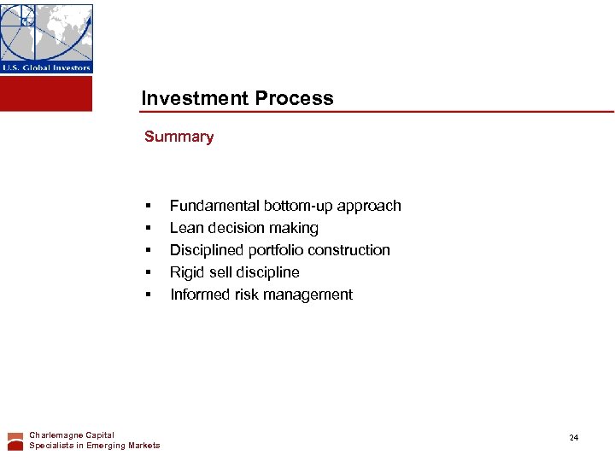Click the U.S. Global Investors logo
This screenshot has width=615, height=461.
(46, 38)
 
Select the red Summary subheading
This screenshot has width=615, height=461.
(179, 137)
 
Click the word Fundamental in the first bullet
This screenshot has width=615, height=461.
(214, 206)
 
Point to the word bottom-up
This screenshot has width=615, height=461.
(300, 206)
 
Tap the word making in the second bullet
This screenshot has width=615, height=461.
(296, 228)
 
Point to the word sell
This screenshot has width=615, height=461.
(222, 272)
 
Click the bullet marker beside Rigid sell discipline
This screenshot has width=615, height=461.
(148, 272)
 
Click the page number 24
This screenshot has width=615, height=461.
(574, 438)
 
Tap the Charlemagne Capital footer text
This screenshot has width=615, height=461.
(72, 435)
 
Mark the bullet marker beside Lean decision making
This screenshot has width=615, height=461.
(148, 228)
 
